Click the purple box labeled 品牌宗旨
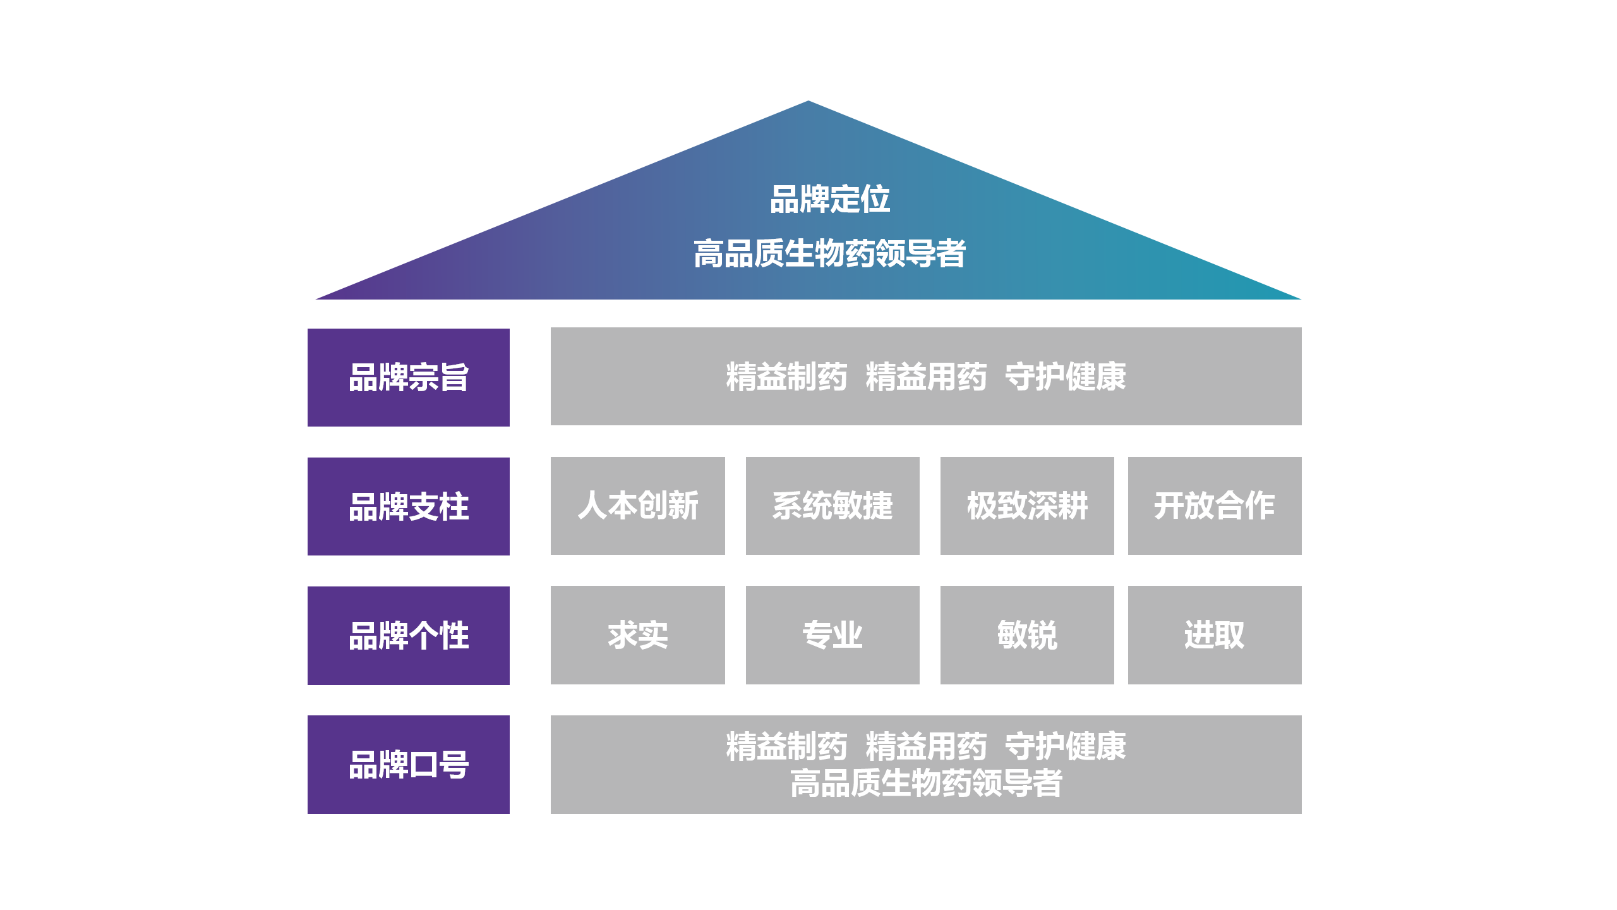pos(408,377)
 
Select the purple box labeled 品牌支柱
pos(408,506)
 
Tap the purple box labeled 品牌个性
pos(408,635)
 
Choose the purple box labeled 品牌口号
pos(408,764)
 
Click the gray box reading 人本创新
pos(637,506)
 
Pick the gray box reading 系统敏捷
pos(832,506)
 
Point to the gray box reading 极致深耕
pos(1026,506)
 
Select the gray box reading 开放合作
pos(1214,506)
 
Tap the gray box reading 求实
pos(637,634)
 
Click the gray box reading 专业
pos(832,634)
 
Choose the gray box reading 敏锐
pos(1026,634)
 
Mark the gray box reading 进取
pos(1214,634)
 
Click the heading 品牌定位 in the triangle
pos(829,199)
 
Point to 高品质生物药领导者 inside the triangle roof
pos(829,253)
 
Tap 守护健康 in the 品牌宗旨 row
pos(1065,377)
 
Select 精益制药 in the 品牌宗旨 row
pos(786,377)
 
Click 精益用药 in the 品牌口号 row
pos(926,746)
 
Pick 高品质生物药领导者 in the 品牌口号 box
pos(926,783)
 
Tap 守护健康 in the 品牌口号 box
pos(1065,746)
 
